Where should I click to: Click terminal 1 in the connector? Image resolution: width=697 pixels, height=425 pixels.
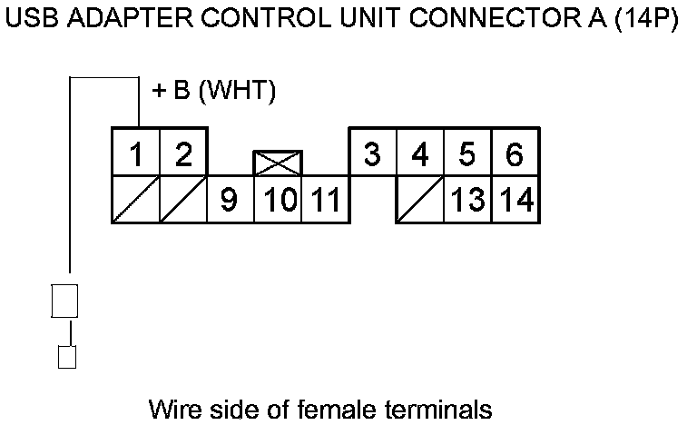(x=135, y=153)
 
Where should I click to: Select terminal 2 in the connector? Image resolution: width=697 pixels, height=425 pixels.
(x=183, y=153)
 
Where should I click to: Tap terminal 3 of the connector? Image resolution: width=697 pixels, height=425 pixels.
(x=371, y=153)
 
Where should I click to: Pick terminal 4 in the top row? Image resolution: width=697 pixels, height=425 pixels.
(x=419, y=153)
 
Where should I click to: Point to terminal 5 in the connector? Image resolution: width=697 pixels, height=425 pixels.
(x=467, y=153)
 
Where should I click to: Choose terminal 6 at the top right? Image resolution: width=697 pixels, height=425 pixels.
(x=515, y=153)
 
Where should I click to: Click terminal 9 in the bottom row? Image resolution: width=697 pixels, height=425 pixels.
(x=231, y=200)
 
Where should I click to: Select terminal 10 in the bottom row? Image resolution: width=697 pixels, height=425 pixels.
(x=278, y=200)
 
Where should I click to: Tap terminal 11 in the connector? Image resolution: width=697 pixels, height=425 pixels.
(x=324, y=200)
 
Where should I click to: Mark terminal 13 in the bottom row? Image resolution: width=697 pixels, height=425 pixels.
(x=467, y=200)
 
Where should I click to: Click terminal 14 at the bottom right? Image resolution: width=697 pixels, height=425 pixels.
(x=515, y=200)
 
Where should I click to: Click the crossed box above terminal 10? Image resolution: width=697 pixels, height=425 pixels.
(x=278, y=163)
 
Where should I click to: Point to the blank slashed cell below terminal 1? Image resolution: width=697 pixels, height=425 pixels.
(x=135, y=200)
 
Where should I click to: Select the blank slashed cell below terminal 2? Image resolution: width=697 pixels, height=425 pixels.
(x=183, y=200)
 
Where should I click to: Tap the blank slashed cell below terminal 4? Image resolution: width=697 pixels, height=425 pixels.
(x=419, y=200)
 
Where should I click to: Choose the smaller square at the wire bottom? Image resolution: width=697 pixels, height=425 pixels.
(x=66, y=356)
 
